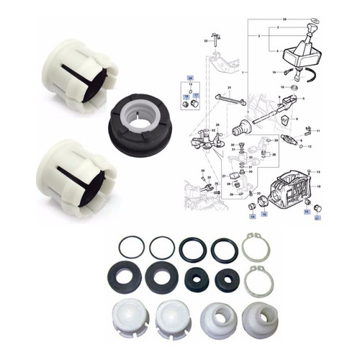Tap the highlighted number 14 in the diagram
(307, 204)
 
